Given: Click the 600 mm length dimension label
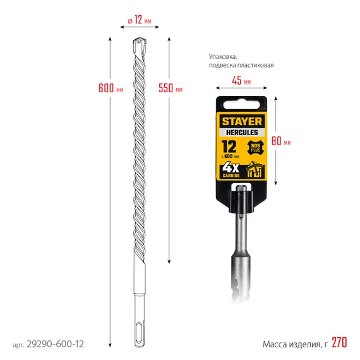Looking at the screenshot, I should click(x=111, y=88).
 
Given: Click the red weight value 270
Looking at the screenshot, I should click(x=339, y=344).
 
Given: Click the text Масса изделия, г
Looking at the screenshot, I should click(x=295, y=344).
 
